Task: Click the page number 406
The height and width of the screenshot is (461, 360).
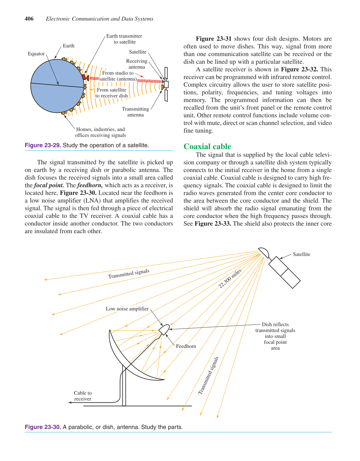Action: point(29,19)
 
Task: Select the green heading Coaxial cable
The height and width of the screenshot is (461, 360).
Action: point(207,146)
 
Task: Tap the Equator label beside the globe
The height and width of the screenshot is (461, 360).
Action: point(36,54)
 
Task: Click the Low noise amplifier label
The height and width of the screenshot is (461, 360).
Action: point(127,309)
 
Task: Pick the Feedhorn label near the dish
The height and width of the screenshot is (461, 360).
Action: point(186,346)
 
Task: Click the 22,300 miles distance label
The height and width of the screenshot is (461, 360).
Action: point(230,279)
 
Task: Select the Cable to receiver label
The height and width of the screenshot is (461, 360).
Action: point(83,396)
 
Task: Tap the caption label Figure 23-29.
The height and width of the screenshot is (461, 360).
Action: point(43,145)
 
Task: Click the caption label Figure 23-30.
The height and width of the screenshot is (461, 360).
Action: point(43,427)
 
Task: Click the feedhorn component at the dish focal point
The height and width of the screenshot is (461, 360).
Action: point(164,329)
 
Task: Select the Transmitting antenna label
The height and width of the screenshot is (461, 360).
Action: point(135,112)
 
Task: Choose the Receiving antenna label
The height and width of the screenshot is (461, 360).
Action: point(137,64)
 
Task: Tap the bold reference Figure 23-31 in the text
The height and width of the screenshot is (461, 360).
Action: point(214,39)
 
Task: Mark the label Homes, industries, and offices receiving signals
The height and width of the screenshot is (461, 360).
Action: point(100,132)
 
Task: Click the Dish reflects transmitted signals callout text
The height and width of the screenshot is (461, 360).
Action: point(275,336)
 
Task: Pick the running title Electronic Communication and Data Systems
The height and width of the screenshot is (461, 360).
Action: point(100,19)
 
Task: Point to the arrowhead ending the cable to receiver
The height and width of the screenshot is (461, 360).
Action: point(70,402)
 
